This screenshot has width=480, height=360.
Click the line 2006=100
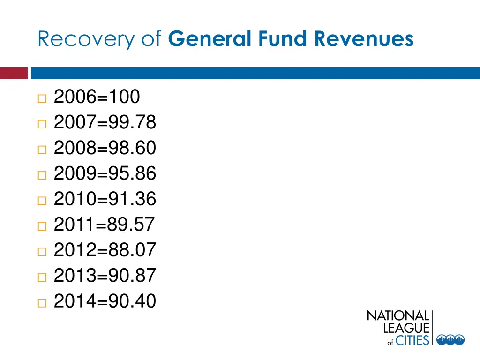point(97,97)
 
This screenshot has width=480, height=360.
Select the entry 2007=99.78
point(105,123)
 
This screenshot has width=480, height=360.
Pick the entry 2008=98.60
point(105,148)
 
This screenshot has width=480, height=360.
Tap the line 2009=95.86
point(105,174)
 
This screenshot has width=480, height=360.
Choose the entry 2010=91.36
point(105,199)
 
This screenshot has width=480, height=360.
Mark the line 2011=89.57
point(104,225)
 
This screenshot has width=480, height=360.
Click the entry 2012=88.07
point(105,250)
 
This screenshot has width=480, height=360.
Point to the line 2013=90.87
point(105,276)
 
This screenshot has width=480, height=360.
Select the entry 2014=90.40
point(105,301)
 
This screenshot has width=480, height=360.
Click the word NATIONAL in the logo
point(397,316)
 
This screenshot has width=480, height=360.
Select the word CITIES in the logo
point(412,340)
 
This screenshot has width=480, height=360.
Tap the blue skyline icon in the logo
point(450,340)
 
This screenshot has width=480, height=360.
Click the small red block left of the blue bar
point(14,74)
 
